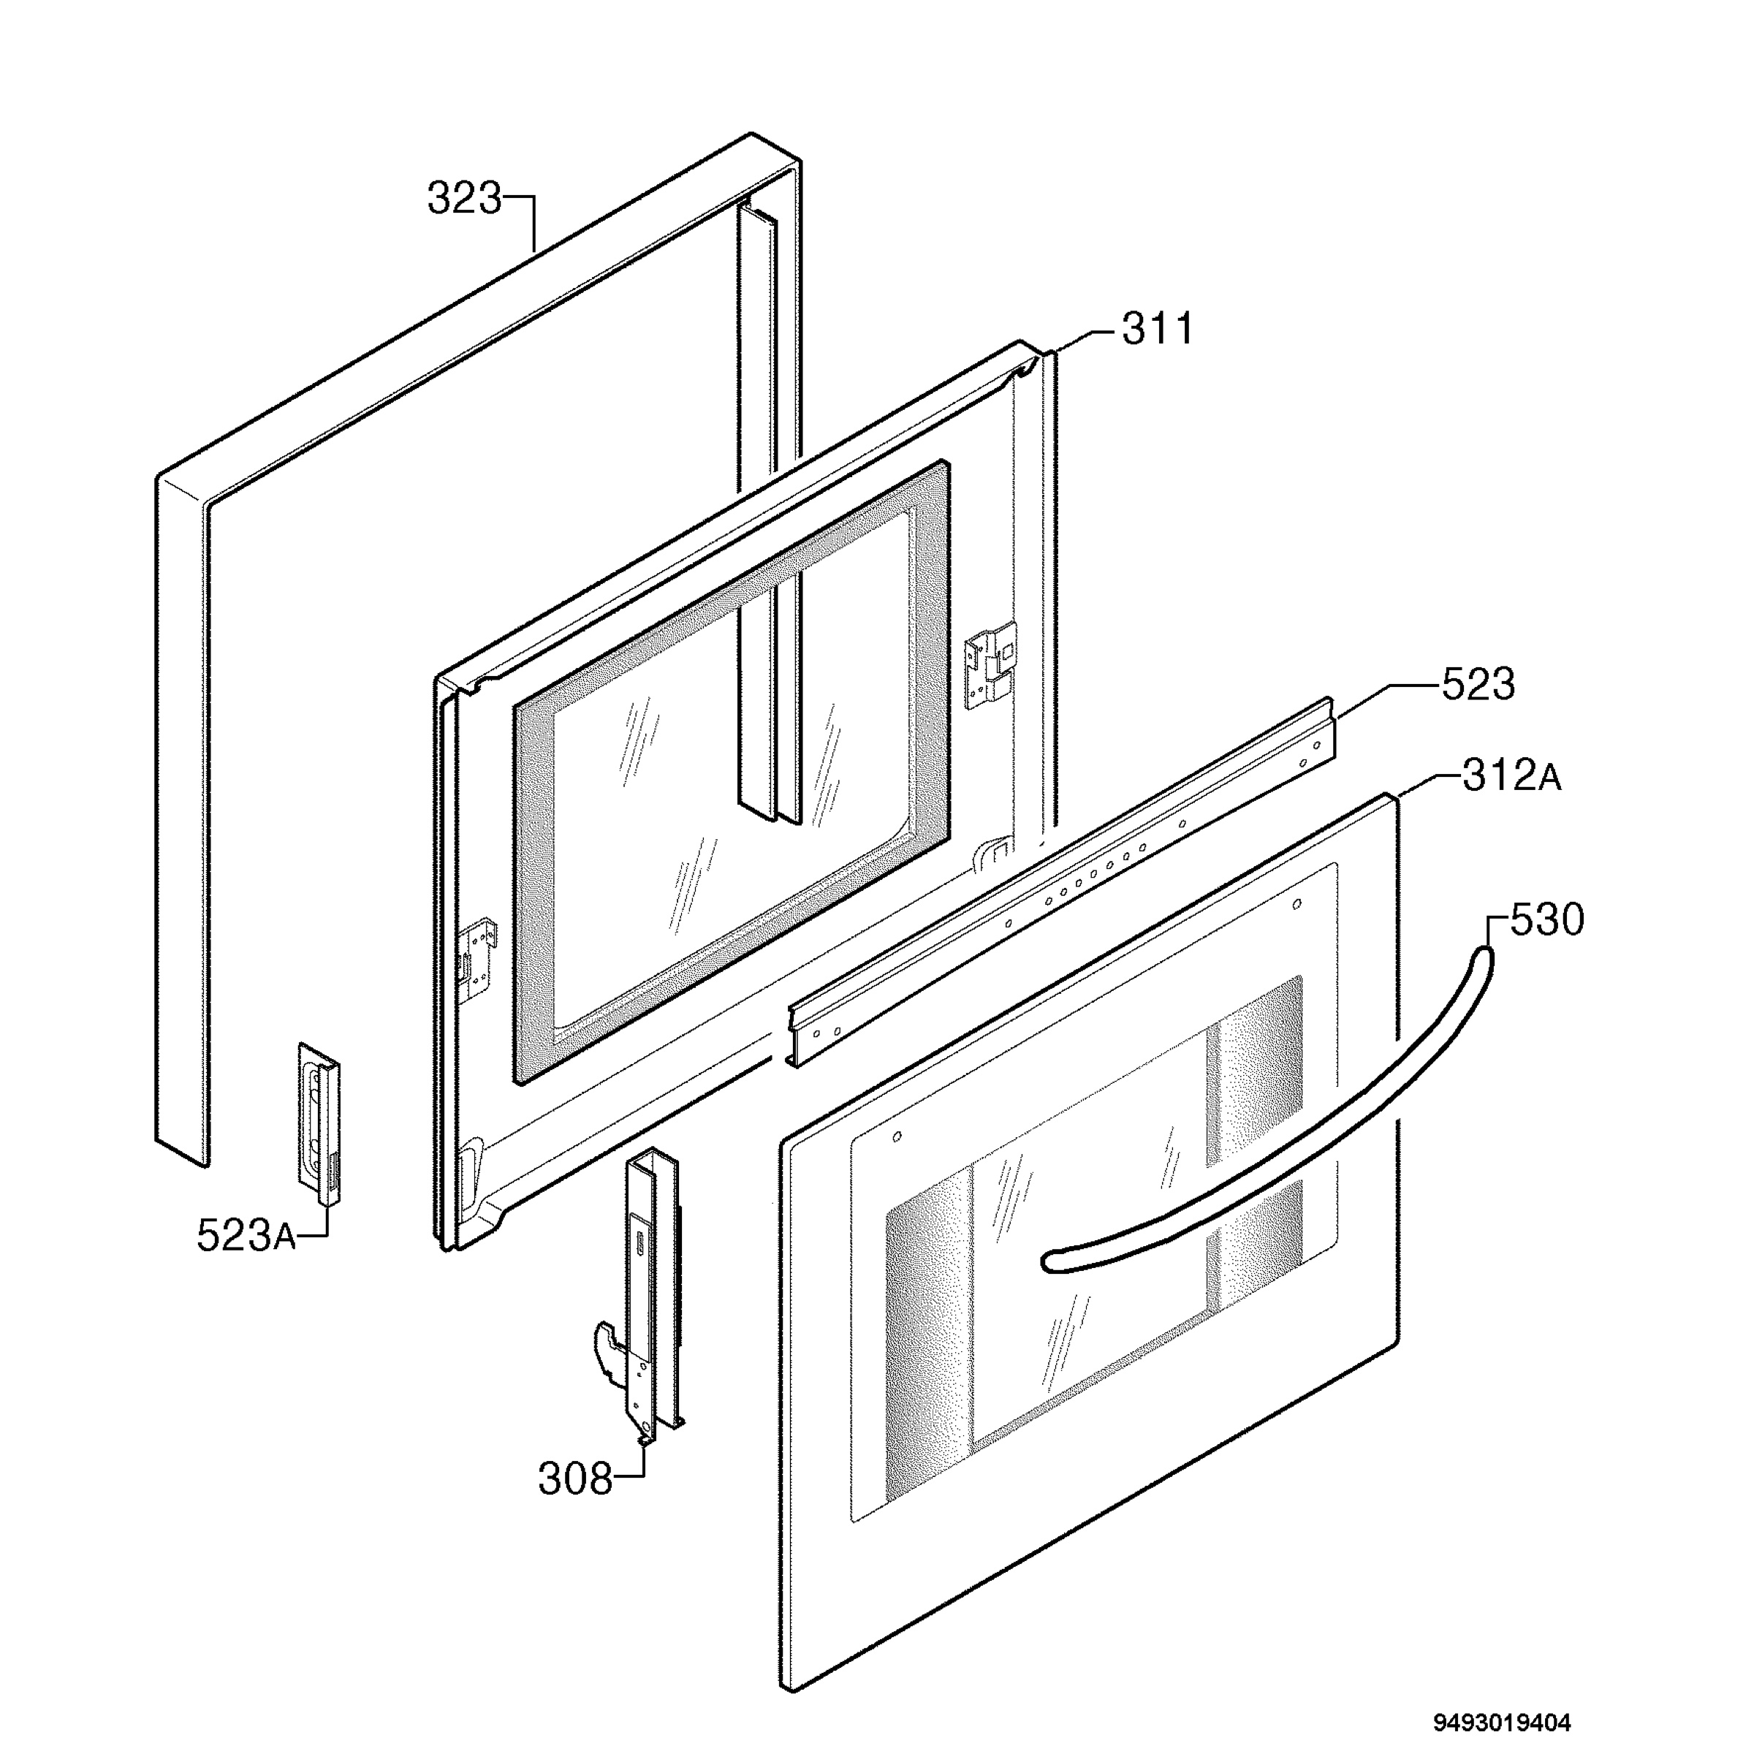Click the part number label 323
click(464, 199)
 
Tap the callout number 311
click(1158, 329)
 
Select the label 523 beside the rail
click(1478, 685)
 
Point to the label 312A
click(1511, 776)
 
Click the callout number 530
click(1547, 919)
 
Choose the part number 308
click(576, 1479)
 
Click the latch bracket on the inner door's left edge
click(479, 960)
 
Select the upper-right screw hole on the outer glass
click(1296, 903)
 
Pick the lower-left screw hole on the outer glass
click(897, 1136)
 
